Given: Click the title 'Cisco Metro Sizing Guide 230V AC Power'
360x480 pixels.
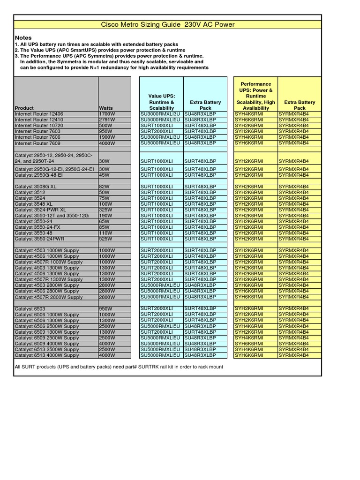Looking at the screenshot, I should coord(168,24).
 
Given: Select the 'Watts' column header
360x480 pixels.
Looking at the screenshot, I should coord(106,108).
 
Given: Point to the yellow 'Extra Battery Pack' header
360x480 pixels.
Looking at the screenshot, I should coord(300,105).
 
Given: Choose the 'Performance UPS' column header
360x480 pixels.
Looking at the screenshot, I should coord(256,96).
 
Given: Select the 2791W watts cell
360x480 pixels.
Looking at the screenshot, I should coord(107,120).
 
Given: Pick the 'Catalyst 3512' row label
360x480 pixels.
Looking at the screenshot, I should coord(30,193).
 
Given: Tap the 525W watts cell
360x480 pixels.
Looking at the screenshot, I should coord(106,239).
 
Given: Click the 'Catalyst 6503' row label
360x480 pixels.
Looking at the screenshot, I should coord(30,309).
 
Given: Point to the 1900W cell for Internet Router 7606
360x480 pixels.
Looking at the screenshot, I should coord(107,137).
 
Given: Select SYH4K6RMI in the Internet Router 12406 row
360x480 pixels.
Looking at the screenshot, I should coord(249,114).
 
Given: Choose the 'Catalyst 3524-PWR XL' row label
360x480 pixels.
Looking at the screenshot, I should coord(40,210).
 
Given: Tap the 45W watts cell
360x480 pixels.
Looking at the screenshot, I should coord(105,175).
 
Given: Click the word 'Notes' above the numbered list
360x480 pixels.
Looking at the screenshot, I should coord(23,37).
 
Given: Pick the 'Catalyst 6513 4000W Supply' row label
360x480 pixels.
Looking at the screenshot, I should coord(47,355).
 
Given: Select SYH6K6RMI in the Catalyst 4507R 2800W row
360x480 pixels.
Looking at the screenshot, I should coord(249,297).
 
